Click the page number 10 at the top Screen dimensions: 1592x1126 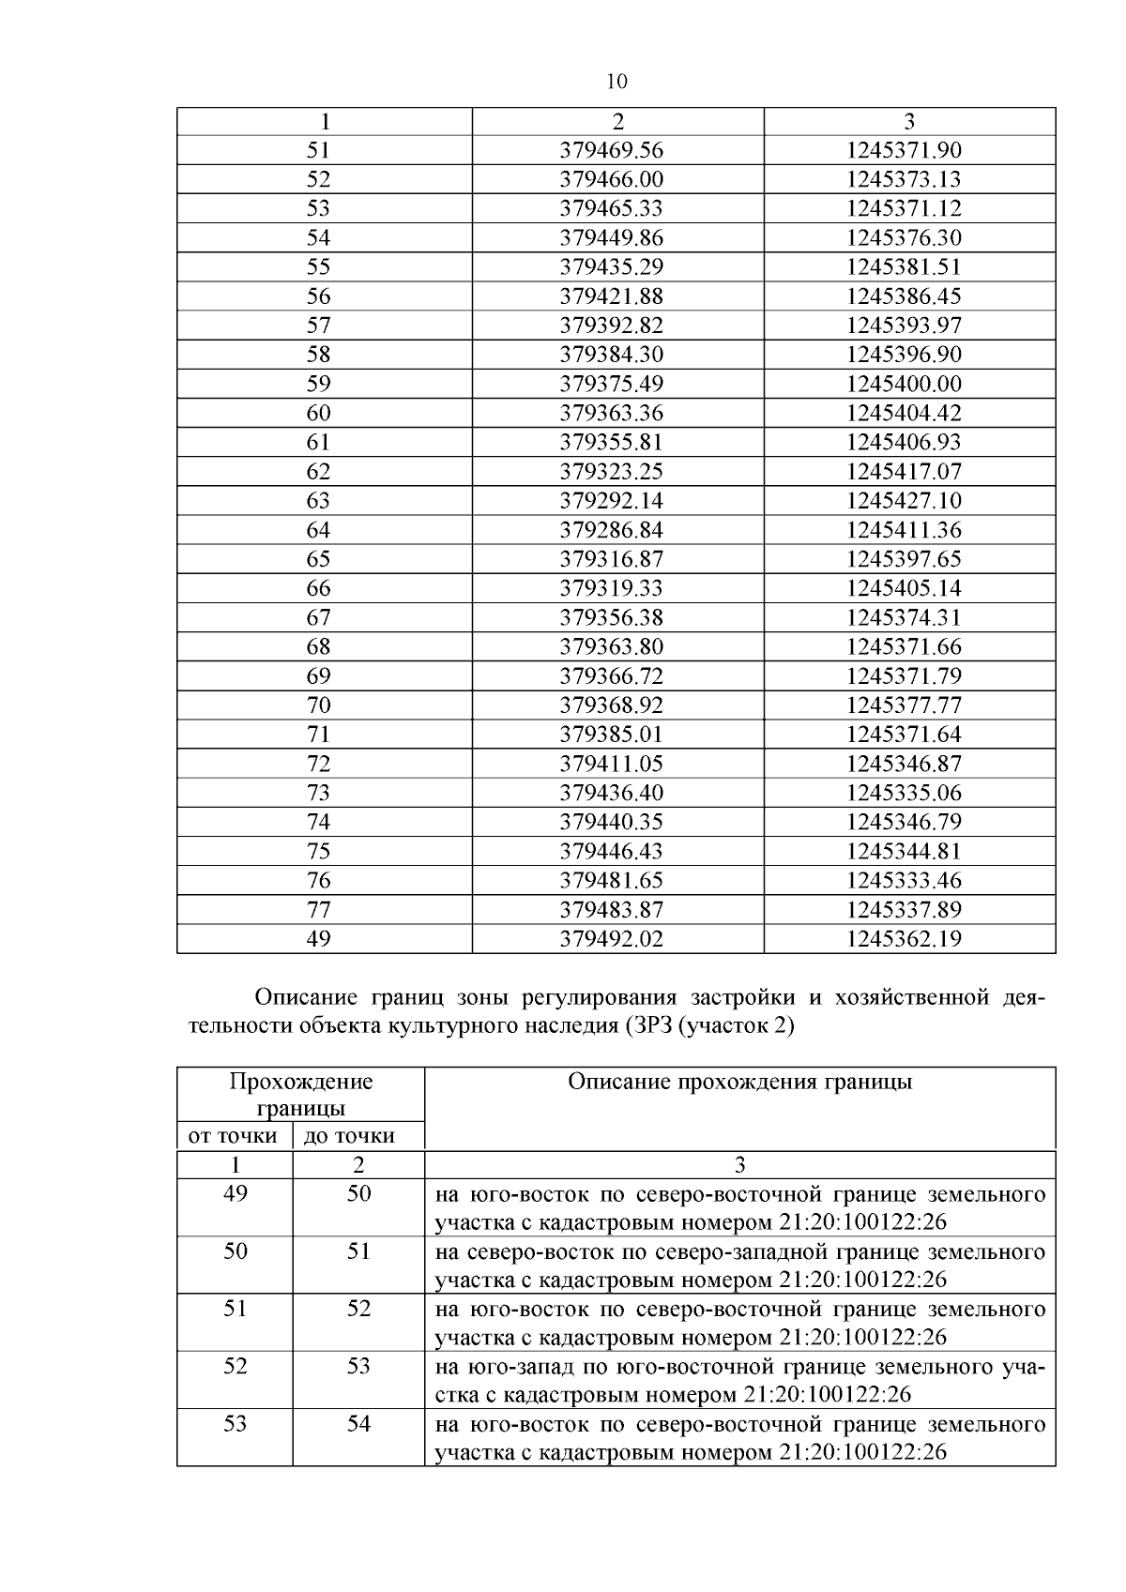coord(616,82)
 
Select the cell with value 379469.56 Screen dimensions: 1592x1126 coord(611,150)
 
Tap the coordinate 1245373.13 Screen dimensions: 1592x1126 coord(904,179)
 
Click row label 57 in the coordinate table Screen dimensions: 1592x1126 coord(319,326)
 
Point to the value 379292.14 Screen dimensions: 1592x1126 coord(611,500)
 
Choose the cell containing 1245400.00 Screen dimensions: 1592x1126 coord(904,384)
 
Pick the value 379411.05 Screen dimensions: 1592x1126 coord(611,764)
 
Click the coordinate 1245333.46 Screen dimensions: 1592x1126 coord(904,880)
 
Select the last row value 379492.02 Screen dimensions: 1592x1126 coord(611,938)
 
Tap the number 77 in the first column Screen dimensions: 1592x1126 coord(319,909)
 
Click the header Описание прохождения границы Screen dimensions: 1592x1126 coord(739,1082)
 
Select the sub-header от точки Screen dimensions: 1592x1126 coord(234,1136)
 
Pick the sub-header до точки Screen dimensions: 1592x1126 coord(349,1136)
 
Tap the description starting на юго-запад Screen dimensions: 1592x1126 coord(739,1380)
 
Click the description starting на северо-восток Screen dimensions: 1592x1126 coord(739,1265)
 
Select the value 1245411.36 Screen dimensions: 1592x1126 coord(904,530)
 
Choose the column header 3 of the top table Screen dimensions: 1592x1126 coord(908,121)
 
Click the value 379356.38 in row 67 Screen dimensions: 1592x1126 coord(611,617)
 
